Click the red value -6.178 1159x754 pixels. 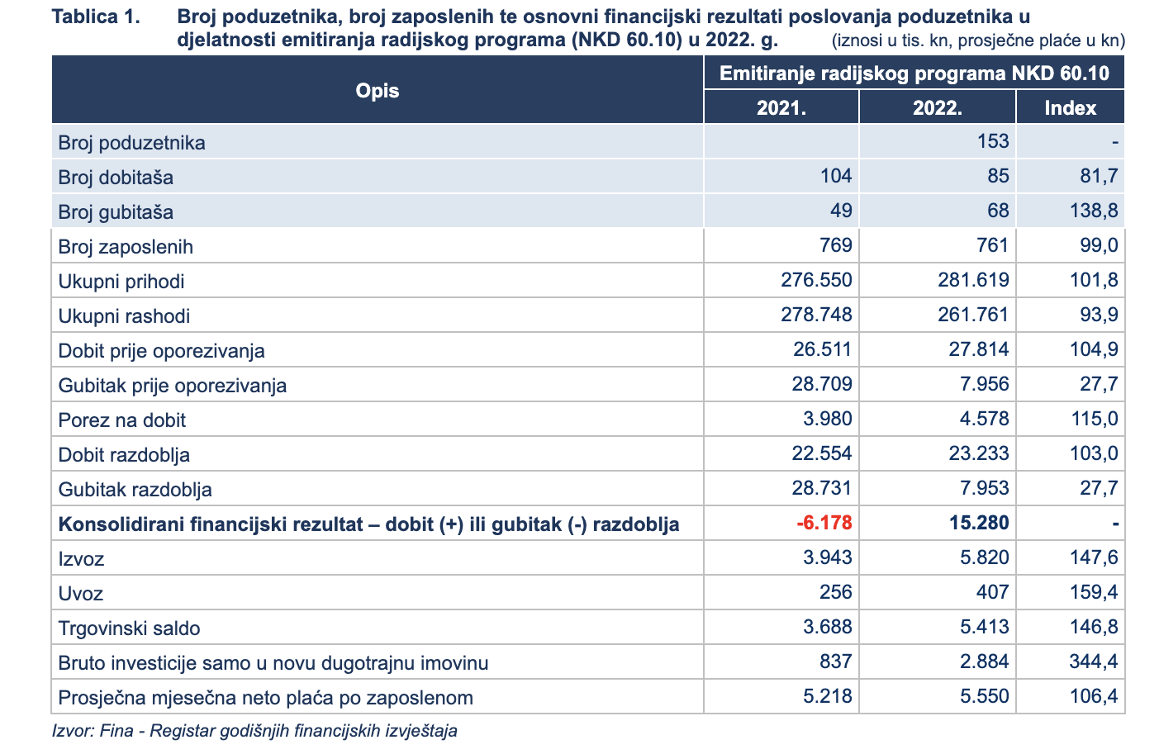[824, 523]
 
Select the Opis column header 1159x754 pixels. [378, 91]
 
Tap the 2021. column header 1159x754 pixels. [781, 107]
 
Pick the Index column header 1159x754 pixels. [1070, 107]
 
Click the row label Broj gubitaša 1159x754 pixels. [116, 212]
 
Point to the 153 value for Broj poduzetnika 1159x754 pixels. [992, 141]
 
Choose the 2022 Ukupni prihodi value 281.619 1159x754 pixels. [973, 280]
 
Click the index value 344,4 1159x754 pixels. [1094, 662]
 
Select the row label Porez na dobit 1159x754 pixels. [121, 420]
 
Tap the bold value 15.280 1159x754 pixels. [979, 523]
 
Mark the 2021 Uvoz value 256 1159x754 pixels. [836, 591]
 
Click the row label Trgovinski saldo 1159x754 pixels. [129, 628]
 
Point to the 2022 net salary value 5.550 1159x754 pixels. [984, 696]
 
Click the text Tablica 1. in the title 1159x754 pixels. [96, 17]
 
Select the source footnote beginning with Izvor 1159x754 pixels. [254, 731]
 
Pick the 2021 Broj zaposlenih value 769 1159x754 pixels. [836, 245]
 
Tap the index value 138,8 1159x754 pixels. [1094, 211]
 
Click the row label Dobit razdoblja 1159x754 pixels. [124, 455]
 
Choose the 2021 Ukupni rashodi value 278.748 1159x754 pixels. [816, 315]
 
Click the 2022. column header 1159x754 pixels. [937, 107]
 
